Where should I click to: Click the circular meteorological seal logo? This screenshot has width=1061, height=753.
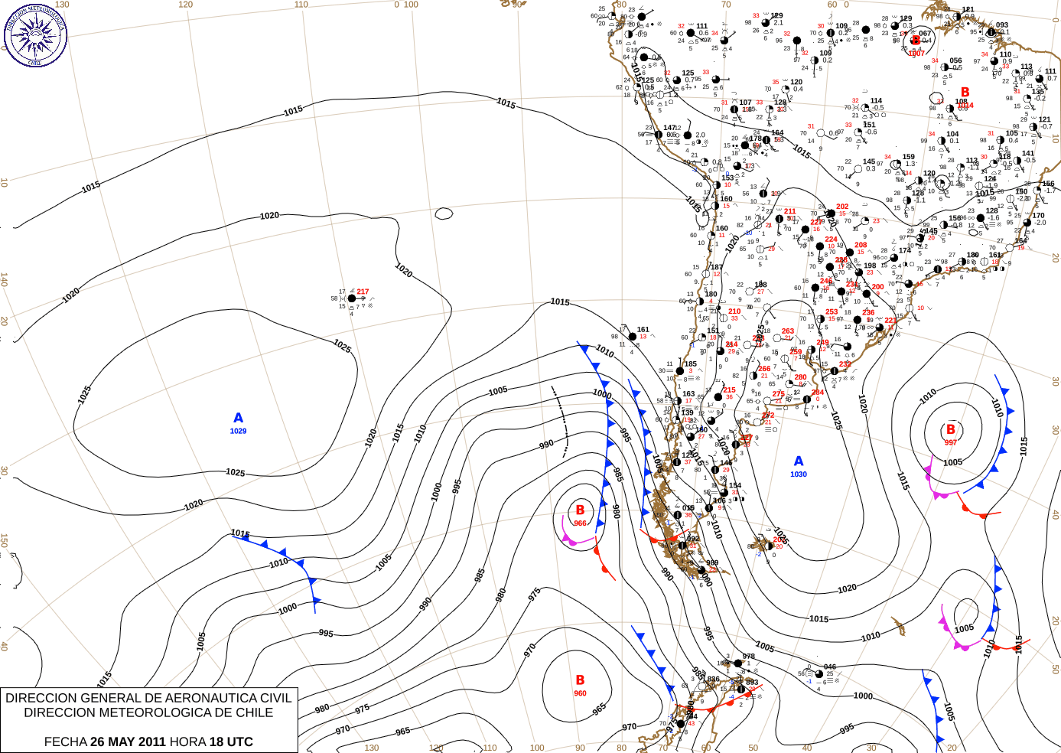(35, 35)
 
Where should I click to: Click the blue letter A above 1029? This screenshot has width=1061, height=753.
(239, 418)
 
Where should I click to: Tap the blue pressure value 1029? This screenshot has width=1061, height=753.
(239, 432)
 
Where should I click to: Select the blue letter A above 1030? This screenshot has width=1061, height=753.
(799, 461)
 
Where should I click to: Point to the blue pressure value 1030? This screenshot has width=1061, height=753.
(799, 474)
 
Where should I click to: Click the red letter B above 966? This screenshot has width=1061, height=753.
(580, 510)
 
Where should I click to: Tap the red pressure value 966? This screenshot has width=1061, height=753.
(580, 523)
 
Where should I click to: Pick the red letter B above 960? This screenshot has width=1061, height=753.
(580, 680)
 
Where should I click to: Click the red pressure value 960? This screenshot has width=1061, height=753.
(580, 693)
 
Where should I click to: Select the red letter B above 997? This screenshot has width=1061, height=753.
(951, 430)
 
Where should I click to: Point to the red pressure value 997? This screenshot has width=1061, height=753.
(951, 442)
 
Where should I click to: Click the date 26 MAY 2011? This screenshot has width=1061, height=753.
(128, 742)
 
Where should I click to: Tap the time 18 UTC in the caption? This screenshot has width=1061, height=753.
(232, 742)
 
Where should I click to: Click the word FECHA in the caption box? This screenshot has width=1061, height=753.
(65, 742)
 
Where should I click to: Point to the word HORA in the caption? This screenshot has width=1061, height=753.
(188, 742)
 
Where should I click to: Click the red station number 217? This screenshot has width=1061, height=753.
(363, 292)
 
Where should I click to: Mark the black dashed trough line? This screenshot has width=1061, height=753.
(562, 421)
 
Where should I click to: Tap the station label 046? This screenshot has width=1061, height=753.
(830, 667)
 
